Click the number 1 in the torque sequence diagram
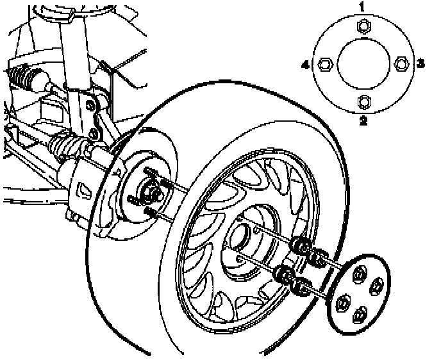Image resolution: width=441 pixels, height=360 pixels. point(362,8)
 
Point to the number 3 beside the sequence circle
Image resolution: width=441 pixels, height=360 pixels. point(420,63)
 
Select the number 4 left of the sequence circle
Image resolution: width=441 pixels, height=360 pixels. point(306,63)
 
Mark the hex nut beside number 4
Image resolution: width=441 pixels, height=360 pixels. point(324,63)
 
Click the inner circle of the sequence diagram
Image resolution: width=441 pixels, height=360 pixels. point(363,63)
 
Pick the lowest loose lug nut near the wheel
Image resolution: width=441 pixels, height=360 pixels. point(300,288)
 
